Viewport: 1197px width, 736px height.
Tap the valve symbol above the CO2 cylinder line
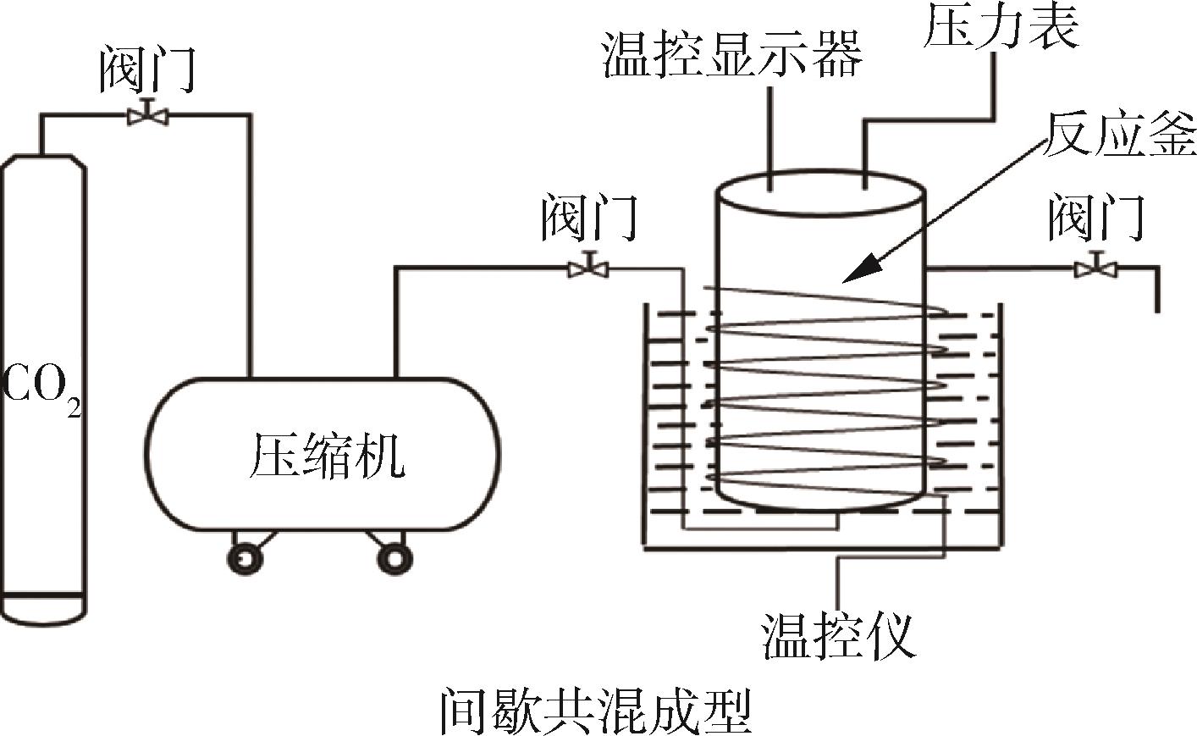point(146,114)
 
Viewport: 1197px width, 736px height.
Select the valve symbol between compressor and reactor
point(588,268)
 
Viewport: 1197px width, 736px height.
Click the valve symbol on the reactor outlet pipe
point(1095,268)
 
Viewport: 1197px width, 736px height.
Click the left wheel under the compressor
point(245,557)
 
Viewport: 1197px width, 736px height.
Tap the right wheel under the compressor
point(393,557)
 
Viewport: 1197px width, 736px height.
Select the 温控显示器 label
point(731,54)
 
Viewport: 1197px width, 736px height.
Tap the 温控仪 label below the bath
point(838,635)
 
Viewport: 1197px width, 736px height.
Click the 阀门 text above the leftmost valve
point(147,69)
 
